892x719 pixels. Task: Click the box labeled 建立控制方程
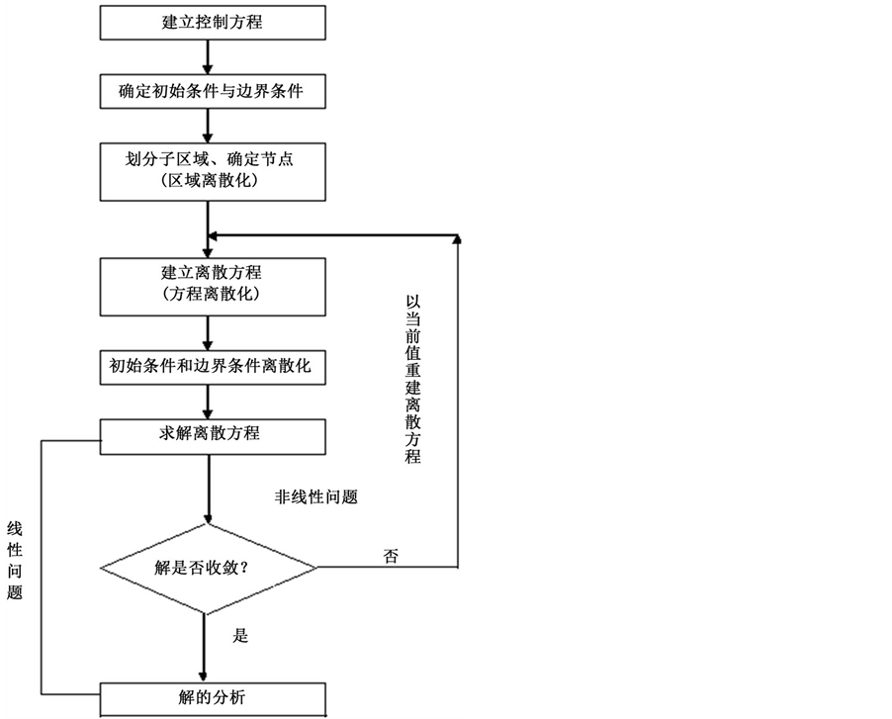(213, 22)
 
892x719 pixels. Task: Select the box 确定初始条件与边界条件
(213, 92)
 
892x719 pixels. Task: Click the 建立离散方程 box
(213, 272)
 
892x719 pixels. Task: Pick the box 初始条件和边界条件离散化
(213, 366)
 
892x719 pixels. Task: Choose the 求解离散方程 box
(213, 432)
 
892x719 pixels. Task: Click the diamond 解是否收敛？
(209, 568)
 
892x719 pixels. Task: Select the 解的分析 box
(213, 698)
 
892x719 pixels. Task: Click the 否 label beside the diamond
(391, 555)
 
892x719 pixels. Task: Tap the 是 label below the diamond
(240, 636)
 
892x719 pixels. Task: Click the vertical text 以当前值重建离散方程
(413, 379)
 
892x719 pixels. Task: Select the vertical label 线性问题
(14, 560)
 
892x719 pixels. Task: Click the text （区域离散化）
(213, 181)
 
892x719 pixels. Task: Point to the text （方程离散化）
(213, 295)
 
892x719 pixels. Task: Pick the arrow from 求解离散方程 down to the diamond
(209, 485)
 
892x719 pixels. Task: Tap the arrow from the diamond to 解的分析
(205, 645)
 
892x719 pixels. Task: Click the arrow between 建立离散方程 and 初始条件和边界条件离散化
(209, 331)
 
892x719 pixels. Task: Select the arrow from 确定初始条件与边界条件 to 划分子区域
(209, 125)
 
